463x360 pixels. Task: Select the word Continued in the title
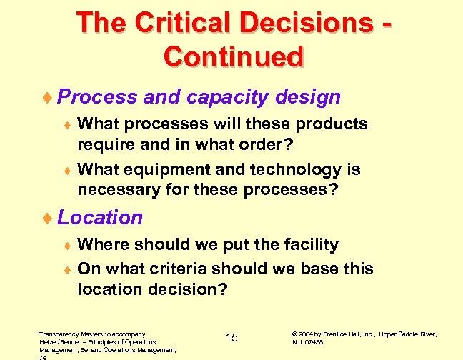(234, 56)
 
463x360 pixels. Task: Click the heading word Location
(100, 217)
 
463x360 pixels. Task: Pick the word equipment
(161, 170)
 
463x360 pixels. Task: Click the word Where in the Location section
(100, 244)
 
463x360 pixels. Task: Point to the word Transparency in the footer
(59, 334)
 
